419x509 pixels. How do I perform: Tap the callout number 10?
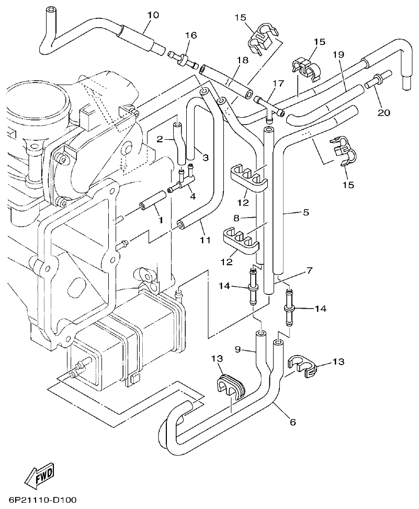152,15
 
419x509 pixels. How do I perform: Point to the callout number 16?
190,35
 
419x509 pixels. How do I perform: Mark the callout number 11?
205,240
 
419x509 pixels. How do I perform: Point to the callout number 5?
305,212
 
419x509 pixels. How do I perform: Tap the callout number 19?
338,54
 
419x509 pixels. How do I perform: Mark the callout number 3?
206,157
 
